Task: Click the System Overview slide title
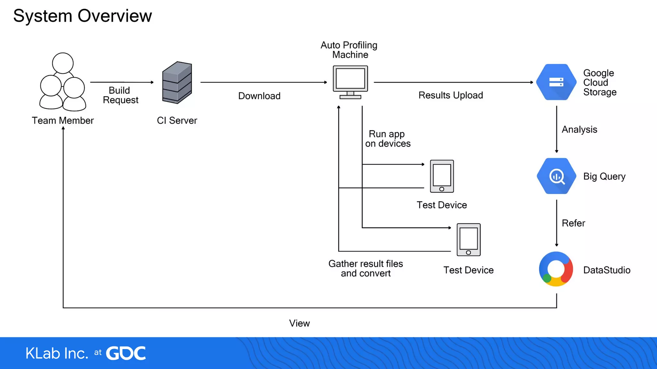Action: [x=82, y=16]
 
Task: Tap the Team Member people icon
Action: [x=63, y=82]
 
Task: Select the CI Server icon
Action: [x=177, y=83]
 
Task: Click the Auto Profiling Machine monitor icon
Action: [x=350, y=82]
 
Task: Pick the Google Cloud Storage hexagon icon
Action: [x=556, y=82]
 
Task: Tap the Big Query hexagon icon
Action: [x=556, y=176]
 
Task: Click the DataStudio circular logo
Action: [x=556, y=269]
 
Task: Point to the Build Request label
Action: [x=120, y=95]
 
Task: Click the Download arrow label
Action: [x=259, y=96]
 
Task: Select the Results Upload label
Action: [x=450, y=95]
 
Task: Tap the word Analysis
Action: [x=579, y=129]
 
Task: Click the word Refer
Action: [x=573, y=223]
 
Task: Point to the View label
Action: [x=299, y=323]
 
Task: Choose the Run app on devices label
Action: [x=388, y=139]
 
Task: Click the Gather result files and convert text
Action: [x=366, y=268]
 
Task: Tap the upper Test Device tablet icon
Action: [x=442, y=176]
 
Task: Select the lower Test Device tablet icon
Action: [x=468, y=240]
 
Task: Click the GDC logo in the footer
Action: [x=126, y=353]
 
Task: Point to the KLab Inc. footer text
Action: [x=57, y=353]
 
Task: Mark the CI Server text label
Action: [x=177, y=120]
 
